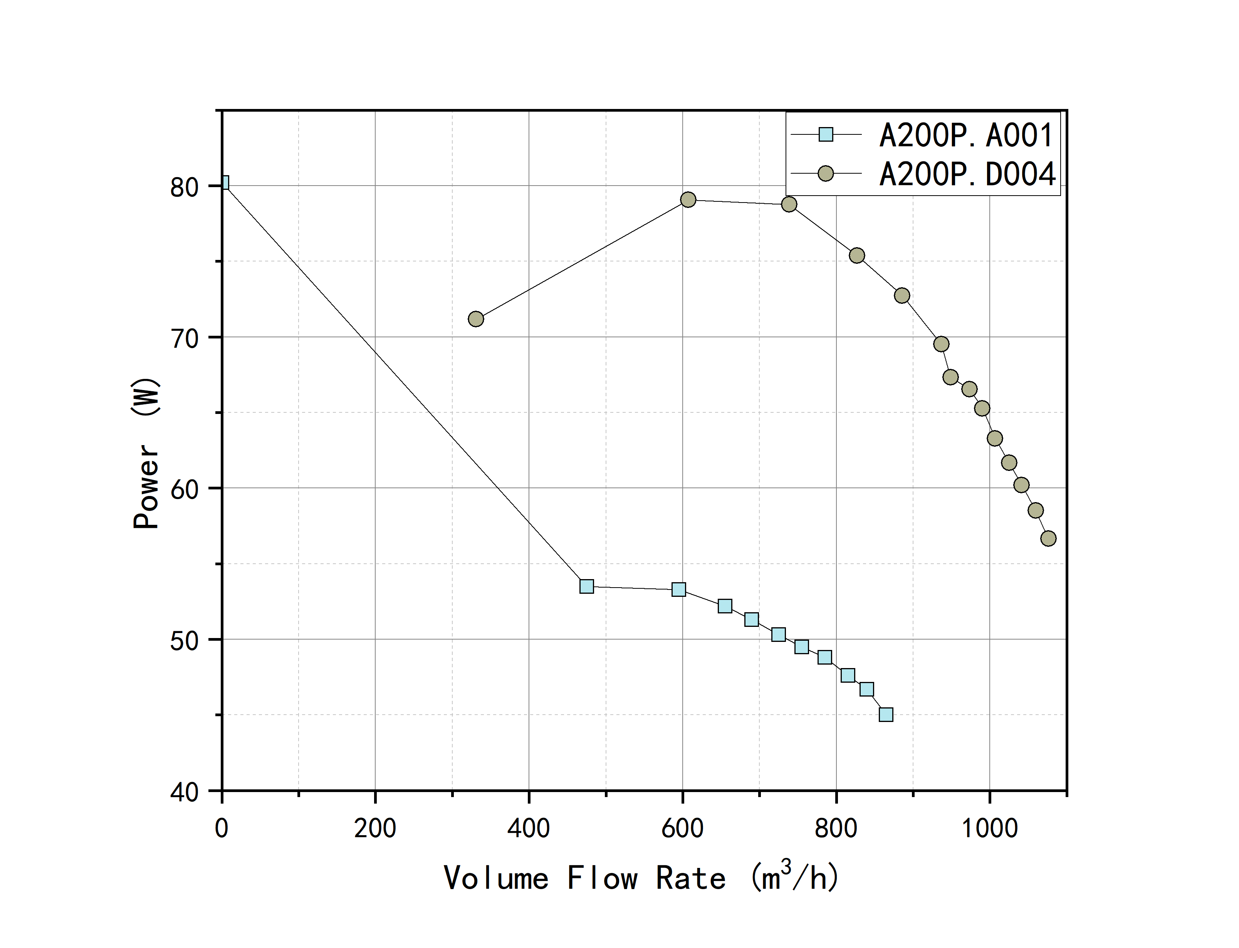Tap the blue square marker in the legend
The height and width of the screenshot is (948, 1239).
[826, 134]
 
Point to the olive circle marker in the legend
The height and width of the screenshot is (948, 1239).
[826, 173]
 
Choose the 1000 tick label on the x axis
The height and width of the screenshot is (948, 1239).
[989, 828]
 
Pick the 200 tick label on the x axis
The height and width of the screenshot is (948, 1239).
[375, 828]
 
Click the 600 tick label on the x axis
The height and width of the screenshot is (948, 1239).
[682, 828]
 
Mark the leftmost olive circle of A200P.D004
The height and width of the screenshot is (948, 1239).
[476, 319]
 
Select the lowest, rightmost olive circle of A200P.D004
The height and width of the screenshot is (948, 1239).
[1048, 538]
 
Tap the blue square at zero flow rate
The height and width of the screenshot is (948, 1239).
[223, 183]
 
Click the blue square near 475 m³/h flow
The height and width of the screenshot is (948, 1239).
[586, 586]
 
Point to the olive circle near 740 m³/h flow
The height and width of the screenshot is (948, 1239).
[789, 204]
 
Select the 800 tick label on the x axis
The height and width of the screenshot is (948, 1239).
[836, 828]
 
